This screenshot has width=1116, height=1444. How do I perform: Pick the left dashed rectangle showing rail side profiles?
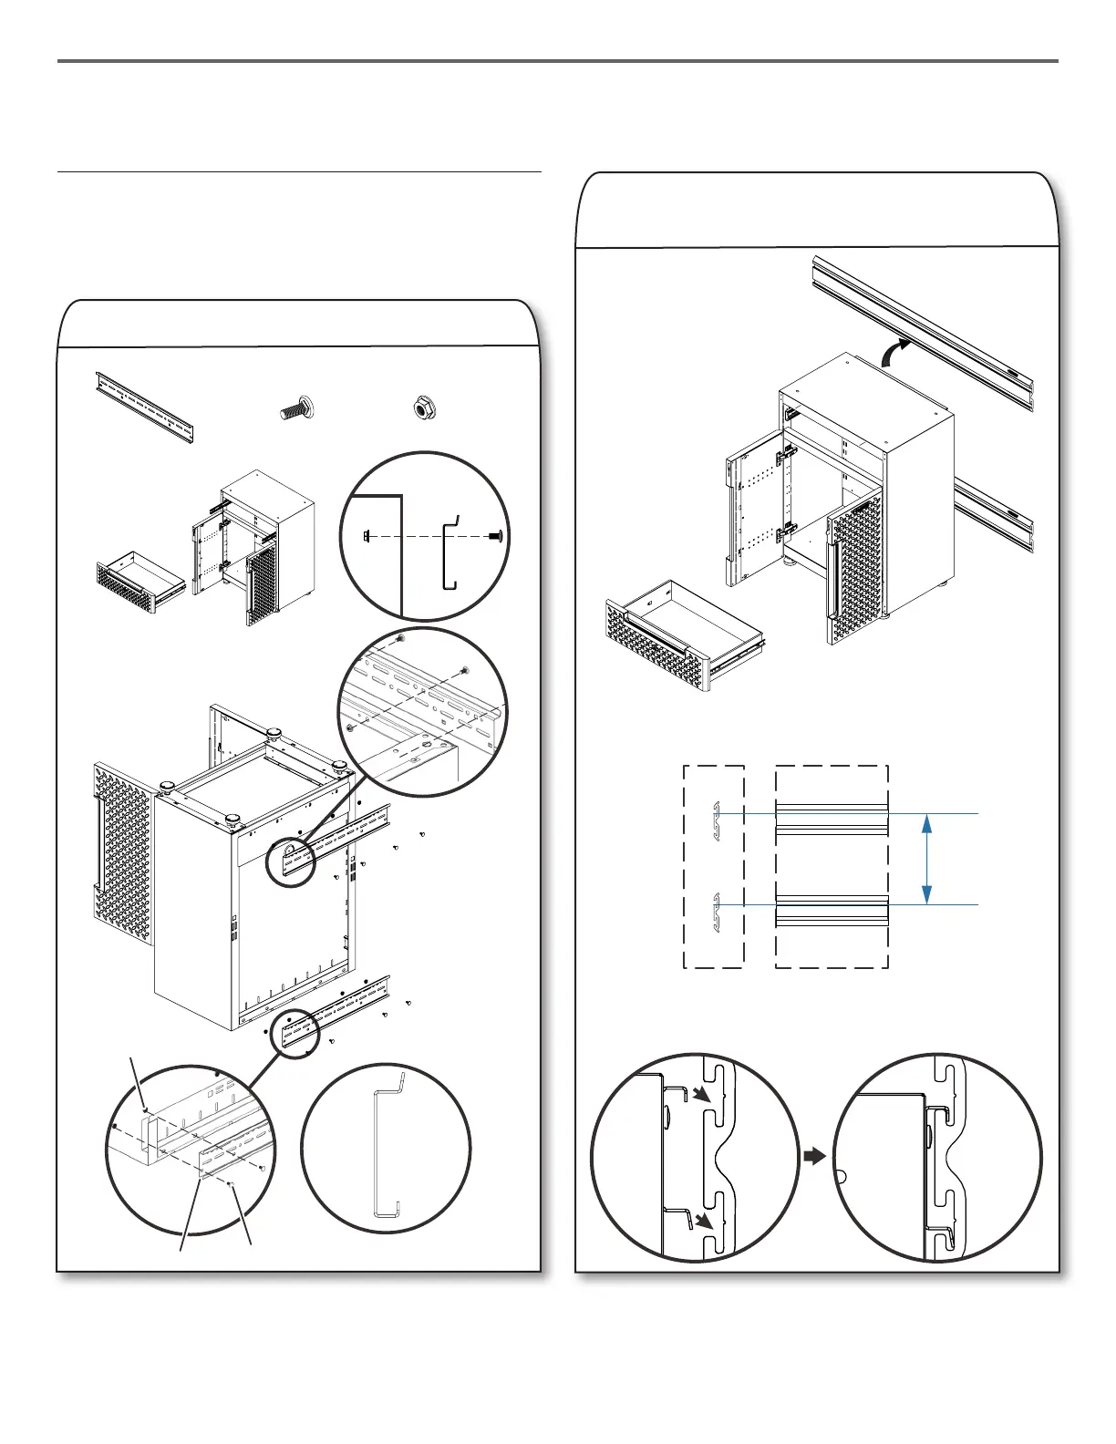tap(714, 866)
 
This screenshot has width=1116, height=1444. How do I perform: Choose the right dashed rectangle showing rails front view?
tap(831, 866)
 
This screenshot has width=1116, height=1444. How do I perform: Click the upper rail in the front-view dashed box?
tap(831, 818)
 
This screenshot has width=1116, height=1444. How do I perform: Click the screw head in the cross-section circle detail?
tap(496, 537)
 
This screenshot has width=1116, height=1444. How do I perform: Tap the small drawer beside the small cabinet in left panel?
tap(140, 581)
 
